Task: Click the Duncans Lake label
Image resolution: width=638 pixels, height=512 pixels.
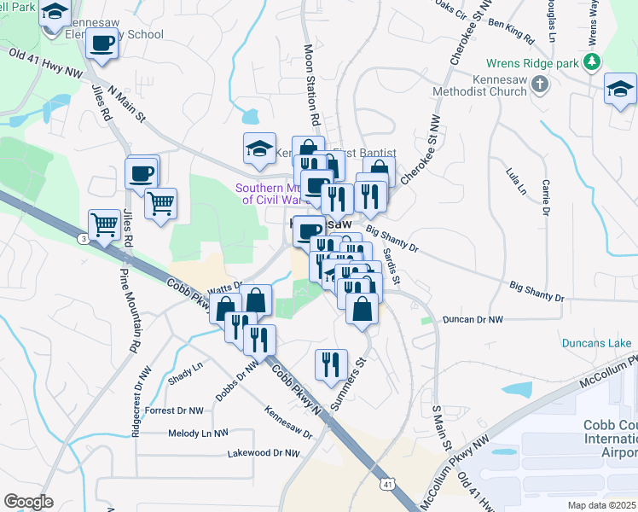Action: pos(596,344)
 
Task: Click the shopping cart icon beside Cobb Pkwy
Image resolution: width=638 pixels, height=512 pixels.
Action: pos(104,225)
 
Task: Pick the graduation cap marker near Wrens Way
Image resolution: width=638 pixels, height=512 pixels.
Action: pos(620,89)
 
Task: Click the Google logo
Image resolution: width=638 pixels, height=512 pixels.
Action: pos(28,502)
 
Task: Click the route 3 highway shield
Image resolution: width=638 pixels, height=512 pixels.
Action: pos(83,239)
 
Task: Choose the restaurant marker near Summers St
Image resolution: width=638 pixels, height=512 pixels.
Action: pos(330,364)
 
